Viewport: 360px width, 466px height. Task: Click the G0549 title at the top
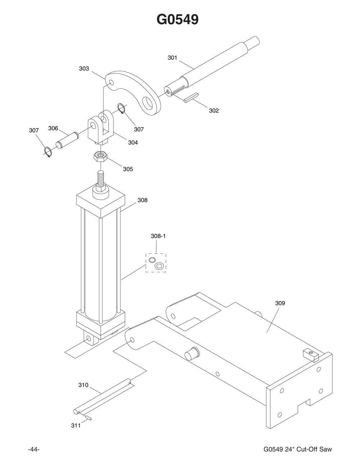pos(177,19)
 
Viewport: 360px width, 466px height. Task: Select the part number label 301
pos(172,58)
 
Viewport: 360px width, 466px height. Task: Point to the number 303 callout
pos(84,68)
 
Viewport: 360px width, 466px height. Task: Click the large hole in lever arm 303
pos(147,103)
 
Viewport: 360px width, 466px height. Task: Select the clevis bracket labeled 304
pos(100,130)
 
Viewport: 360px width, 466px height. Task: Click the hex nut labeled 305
pos(99,157)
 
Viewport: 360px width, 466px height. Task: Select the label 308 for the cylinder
pos(143,200)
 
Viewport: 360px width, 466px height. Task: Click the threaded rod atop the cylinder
pos(100,179)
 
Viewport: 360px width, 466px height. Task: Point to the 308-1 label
pos(158,236)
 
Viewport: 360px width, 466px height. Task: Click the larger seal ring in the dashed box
pos(159,266)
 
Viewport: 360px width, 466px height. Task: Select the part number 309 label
pos(280,303)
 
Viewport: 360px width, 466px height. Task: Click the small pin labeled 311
pos(89,418)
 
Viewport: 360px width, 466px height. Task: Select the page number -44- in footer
pos(33,449)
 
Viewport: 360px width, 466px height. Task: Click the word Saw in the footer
pos(325,449)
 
